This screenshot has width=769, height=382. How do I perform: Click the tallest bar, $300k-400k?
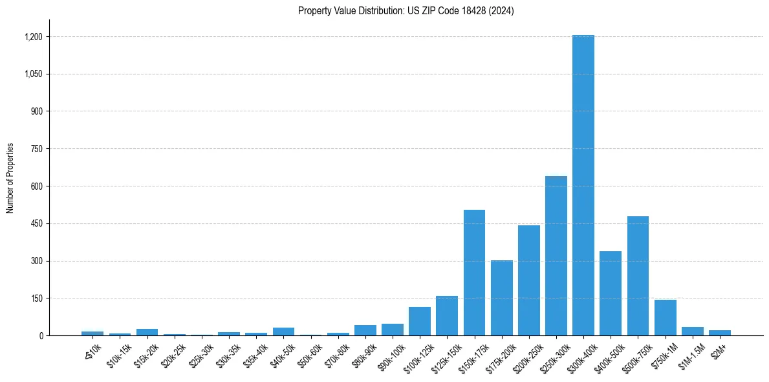(583, 185)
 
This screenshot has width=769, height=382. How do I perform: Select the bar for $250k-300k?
(556, 256)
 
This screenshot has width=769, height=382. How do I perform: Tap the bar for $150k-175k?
(474, 273)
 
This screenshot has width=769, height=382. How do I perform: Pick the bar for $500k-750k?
(638, 276)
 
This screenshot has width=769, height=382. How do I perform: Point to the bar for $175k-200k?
(501, 298)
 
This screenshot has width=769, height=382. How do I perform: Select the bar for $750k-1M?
(665, 317)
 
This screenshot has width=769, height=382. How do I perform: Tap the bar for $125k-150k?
(447, 316)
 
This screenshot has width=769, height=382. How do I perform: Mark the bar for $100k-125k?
(419, 321)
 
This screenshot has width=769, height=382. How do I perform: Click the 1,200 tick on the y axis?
(34, 37)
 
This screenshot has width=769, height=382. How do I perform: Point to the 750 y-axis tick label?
(37, 149)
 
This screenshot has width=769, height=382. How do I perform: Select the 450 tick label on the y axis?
(37, 224)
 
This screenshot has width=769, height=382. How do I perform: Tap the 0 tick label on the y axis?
(41, 336)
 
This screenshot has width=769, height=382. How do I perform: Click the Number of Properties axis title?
(10, 178)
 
